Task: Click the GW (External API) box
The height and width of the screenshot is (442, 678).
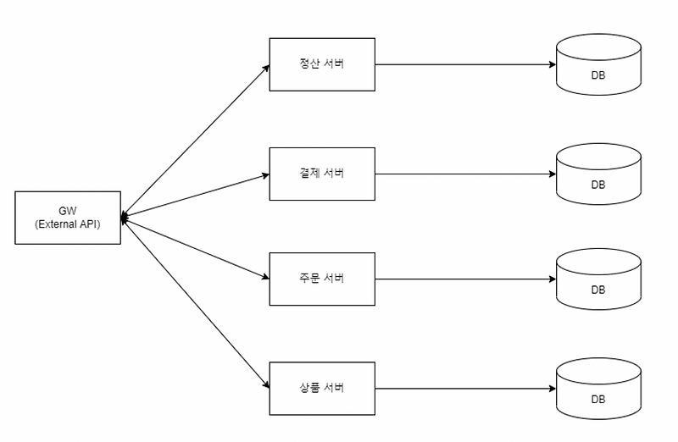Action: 68,218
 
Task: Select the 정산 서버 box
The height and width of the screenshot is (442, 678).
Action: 322,64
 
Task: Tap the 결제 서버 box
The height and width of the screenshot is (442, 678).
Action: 322,174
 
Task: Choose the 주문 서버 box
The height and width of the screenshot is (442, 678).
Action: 322,279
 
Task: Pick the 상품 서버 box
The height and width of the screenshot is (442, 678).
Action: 322,389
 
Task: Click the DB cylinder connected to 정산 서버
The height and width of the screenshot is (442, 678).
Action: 598,64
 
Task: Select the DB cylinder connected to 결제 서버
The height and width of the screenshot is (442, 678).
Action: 598,174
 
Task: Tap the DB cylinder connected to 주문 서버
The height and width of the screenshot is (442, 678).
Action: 598,279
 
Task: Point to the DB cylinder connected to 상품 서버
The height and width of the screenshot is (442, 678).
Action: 598,389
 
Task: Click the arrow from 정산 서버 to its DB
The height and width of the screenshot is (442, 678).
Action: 465,64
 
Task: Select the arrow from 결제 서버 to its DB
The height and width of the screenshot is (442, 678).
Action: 465,174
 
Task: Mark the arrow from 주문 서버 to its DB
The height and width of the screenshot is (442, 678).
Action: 465,279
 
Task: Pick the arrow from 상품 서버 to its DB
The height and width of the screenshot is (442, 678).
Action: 465,389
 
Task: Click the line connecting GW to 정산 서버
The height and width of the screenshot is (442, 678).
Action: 195,141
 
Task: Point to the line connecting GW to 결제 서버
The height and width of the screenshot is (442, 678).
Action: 195,196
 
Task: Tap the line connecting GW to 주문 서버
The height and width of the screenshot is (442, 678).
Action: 195,248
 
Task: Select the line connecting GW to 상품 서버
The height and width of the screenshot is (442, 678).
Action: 195,303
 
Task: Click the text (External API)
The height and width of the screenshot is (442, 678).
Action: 68,224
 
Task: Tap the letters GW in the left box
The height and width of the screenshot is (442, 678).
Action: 68,211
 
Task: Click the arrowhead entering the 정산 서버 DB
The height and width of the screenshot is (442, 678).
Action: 553,64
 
